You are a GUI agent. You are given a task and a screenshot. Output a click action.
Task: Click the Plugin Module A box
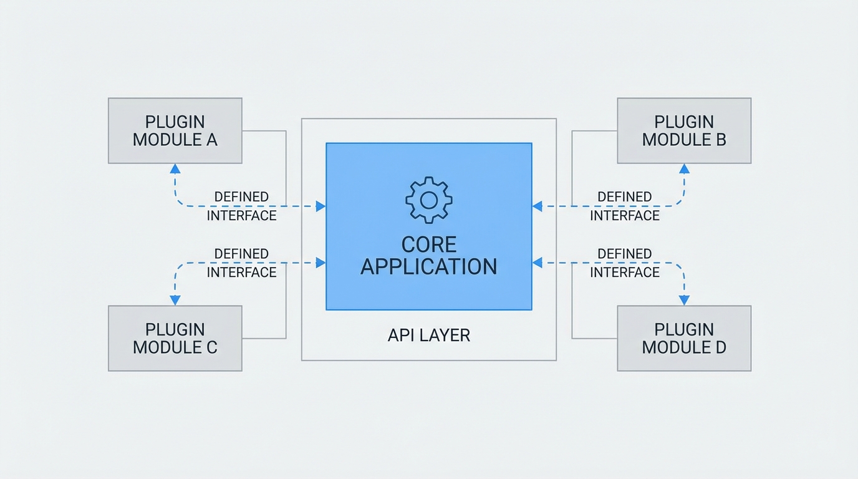click(175, 131)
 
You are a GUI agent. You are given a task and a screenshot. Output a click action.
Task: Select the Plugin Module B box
click(684, 131)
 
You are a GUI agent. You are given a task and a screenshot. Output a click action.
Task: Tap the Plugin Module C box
click(175, 339)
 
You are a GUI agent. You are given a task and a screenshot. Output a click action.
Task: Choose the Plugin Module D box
click(684, 339)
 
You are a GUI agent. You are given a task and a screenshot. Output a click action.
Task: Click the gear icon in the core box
click(429, 200)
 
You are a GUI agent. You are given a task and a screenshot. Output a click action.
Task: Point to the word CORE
click(429, 244)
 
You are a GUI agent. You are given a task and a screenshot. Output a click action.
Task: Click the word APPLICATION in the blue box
click(429, 267)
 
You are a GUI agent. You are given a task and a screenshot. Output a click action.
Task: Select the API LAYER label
click(429, 336)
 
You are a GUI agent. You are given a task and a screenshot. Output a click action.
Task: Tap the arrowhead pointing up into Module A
click(175, 168)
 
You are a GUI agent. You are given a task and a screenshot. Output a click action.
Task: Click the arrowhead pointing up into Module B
click(684, 168)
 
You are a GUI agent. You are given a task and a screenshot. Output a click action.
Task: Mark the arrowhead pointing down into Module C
click(175, 301)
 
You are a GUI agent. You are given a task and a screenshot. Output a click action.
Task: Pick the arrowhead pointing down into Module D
click(684, 301)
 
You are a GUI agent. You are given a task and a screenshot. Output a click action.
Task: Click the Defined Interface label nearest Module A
click(241, 206)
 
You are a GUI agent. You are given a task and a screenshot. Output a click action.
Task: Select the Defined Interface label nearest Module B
click(625, 206)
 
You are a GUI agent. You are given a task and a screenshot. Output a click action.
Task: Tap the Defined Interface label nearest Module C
click(241, 263)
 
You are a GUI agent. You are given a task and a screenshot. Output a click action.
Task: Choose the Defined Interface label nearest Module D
click(625, 263)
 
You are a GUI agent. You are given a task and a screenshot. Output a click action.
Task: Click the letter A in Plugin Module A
click(211, 140)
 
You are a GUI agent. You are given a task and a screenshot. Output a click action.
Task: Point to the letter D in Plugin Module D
click(720, 347)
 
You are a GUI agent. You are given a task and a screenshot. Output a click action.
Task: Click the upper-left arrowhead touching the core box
click(321, 206)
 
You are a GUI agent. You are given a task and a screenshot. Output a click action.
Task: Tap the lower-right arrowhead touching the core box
click(537, 263)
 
